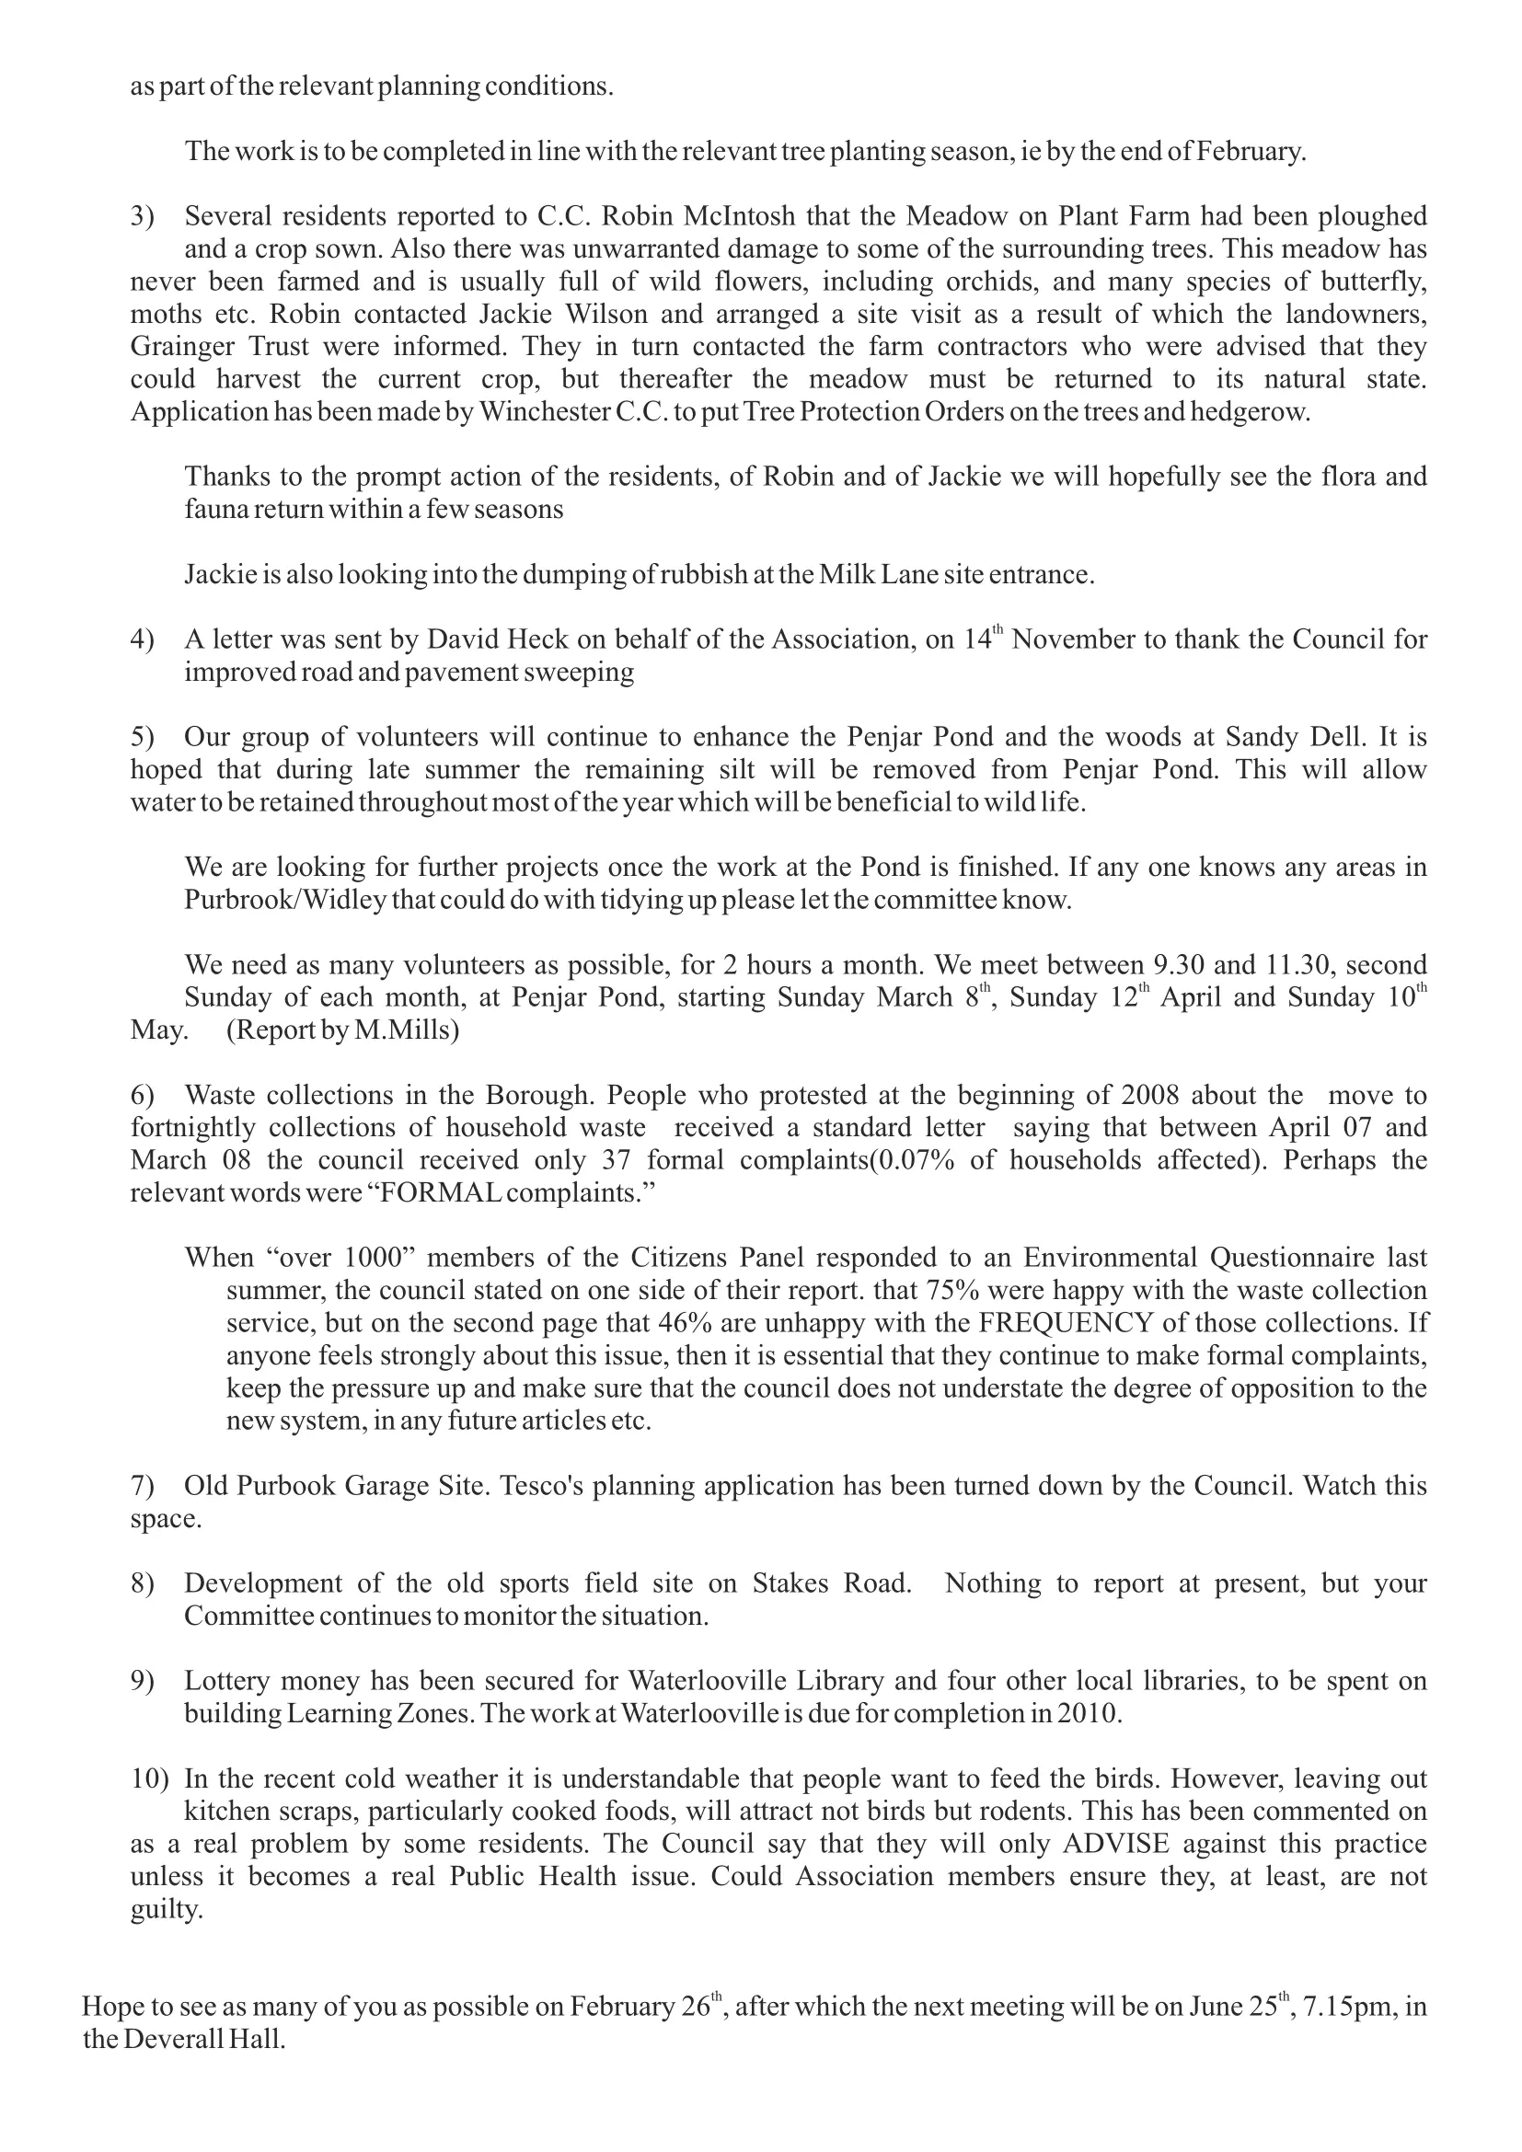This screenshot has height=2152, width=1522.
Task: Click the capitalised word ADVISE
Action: (x=1115, y=1844)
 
